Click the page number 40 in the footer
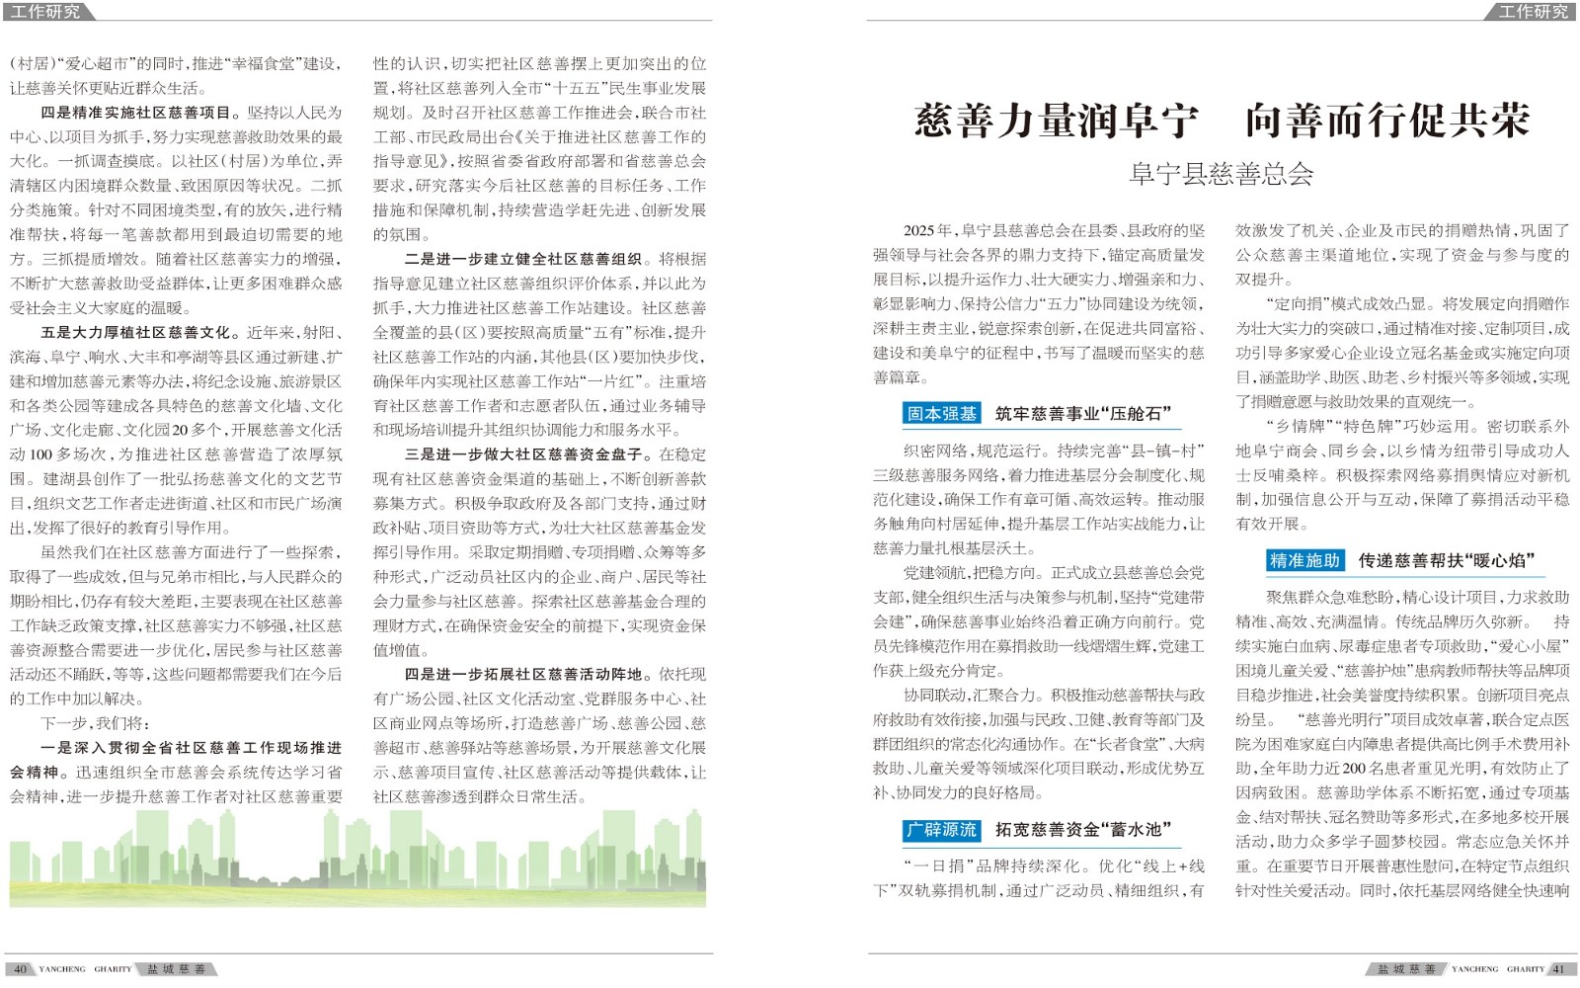(20, 969)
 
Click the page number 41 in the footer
(1559, 969)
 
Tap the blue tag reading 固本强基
(941, 414)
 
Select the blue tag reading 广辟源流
(941, 830)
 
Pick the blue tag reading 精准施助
(1304, 561)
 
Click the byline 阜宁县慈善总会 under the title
(1221, 175)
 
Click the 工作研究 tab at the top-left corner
(45, 12)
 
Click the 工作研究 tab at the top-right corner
(1533, 12)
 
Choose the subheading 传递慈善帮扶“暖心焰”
(1447, 561)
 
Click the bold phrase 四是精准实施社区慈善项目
(136, 113)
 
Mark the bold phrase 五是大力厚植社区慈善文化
(136, 332)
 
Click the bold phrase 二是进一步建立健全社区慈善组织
(523, 259)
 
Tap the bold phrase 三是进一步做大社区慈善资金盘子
(523, 454)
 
